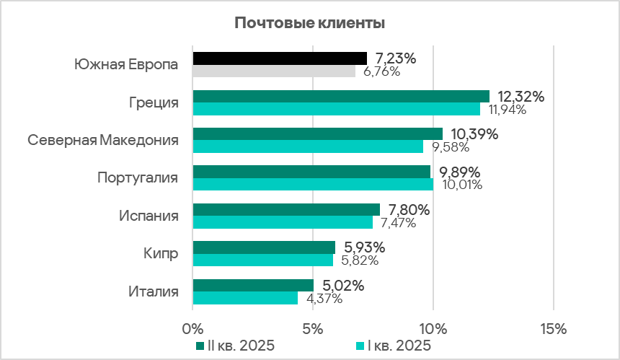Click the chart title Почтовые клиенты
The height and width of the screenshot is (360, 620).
click(309, 23)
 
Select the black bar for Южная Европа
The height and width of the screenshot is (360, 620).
click(280, 58)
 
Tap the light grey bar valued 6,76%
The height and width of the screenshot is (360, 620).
click(274, 71)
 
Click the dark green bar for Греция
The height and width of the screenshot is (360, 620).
click(341, 96)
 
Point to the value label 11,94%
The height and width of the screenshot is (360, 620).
click(508, 110)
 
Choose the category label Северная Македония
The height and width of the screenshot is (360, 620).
click(103, 140)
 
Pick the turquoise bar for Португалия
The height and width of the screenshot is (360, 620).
click(314, 184)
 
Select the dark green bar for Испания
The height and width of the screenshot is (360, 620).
click(286, 209)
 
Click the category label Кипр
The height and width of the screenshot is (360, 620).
click(161, 253)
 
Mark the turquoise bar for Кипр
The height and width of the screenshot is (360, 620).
click(263, 260)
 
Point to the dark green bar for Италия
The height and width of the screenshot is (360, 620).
click(253, 285)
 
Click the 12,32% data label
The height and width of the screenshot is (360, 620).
click(521, 97)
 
